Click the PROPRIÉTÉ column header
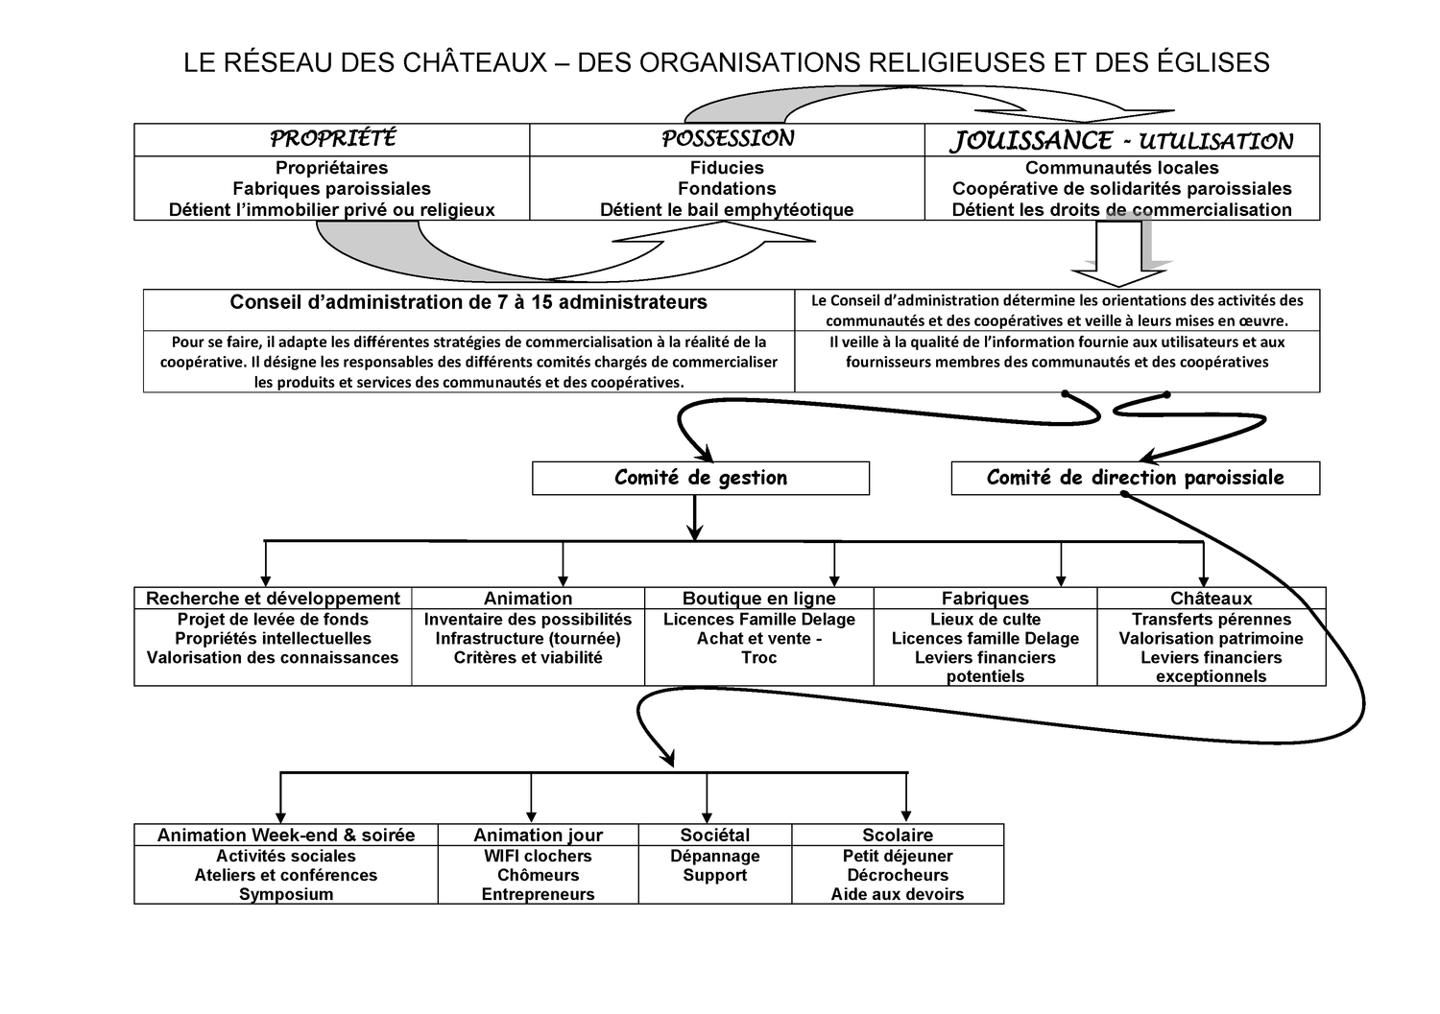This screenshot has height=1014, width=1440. click(x=332, y=139)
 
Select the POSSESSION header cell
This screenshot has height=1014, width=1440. click(x=727, y=139)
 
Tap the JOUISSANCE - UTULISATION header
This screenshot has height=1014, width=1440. click(x=1121, y=140)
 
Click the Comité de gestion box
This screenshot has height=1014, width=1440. click(x=701, y=478)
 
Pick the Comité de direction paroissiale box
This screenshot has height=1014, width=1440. click(x=1135, y=478)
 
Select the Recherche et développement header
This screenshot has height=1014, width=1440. click(x=273, y=599)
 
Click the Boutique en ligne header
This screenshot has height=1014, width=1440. click(x=758, y=599)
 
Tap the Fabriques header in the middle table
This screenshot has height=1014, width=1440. click(x=985, y=599)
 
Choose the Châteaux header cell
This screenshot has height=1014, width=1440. click(x=1211, y=599)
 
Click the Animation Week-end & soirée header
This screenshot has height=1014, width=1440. click(x=286, y=835)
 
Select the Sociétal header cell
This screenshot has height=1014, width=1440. click(x=715, y=835)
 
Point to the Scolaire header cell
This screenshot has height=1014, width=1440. click(x=898, y=835)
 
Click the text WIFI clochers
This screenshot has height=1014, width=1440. click(x=538, y=856)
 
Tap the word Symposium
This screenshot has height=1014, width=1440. click(x=286, y=894)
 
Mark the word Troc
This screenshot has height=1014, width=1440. click(x=758, y=658)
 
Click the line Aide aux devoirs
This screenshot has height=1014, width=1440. click(x=898, y=894)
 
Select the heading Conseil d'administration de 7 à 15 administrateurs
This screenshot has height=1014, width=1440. click(x=468, y=303)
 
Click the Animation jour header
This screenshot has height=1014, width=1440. click(x=538, y=835)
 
